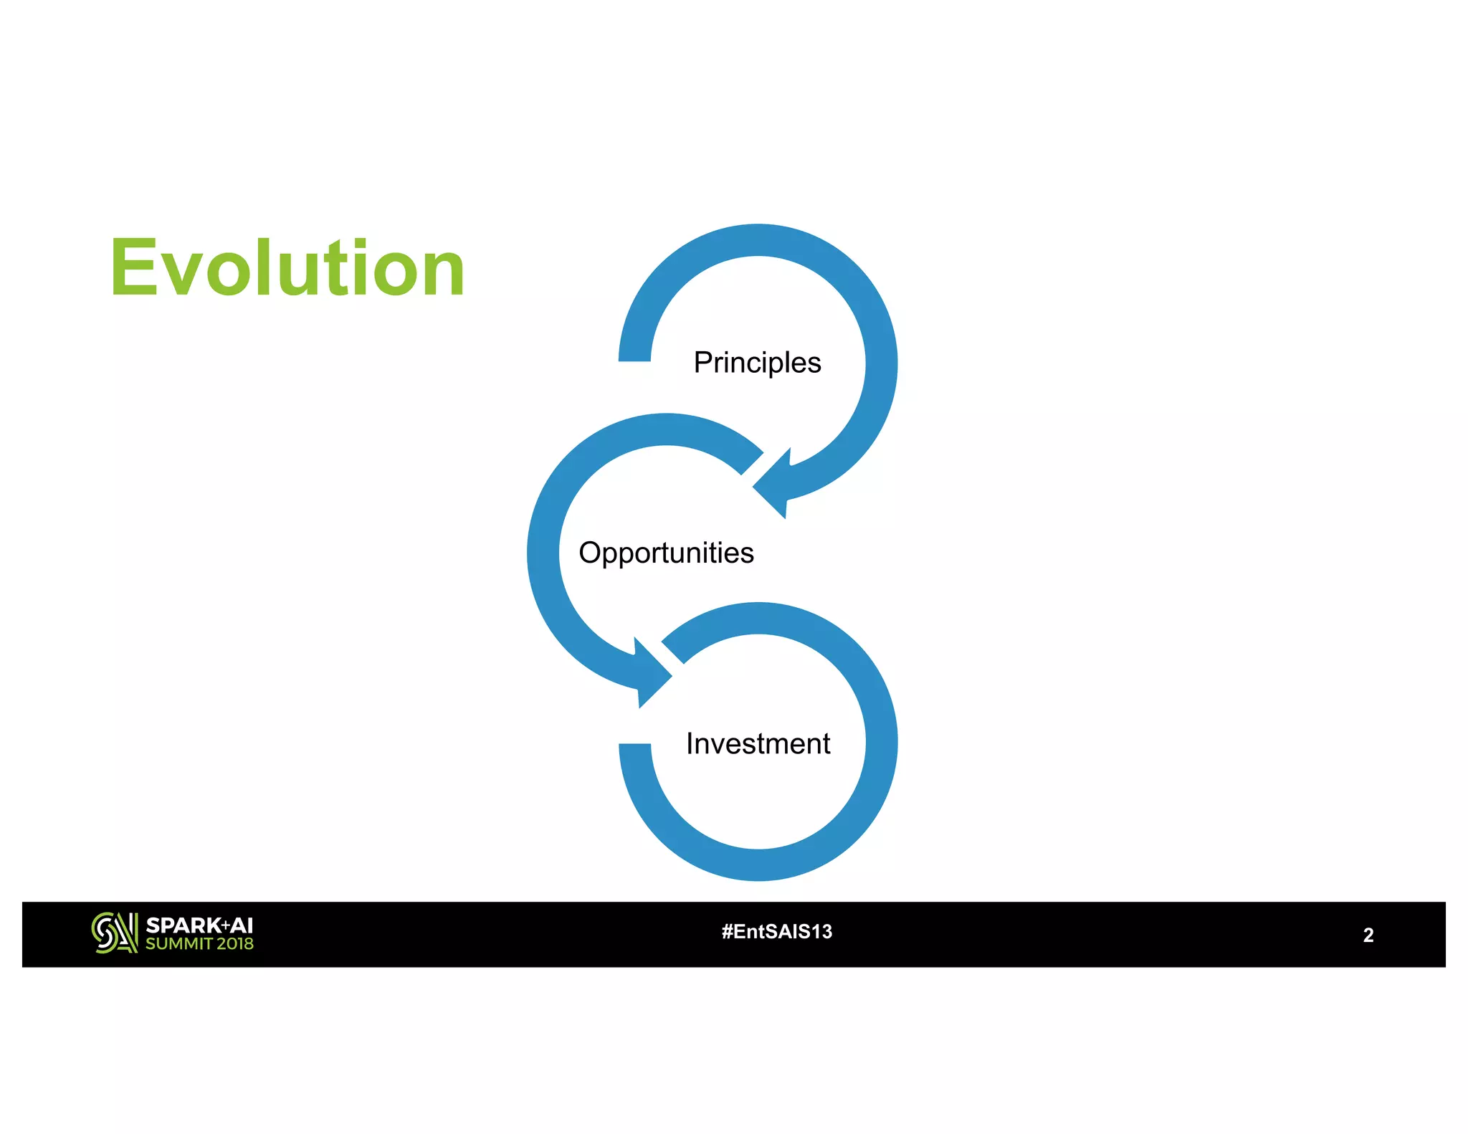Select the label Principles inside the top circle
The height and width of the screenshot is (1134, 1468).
pos(757,363)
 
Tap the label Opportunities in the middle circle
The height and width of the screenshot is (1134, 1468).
pos(666,553)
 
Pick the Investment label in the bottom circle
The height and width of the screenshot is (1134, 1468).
pos(758,743)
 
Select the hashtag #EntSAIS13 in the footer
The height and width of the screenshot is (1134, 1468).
pos(777,932)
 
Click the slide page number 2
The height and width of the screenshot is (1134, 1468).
pos(1368,935)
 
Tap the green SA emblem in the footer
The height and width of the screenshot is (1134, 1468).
pos(114,933)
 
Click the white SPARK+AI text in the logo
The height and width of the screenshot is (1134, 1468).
pos(199,925)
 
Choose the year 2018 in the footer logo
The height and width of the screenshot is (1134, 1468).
pos(235,944)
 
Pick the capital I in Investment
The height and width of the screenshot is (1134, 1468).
pos(690,743)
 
